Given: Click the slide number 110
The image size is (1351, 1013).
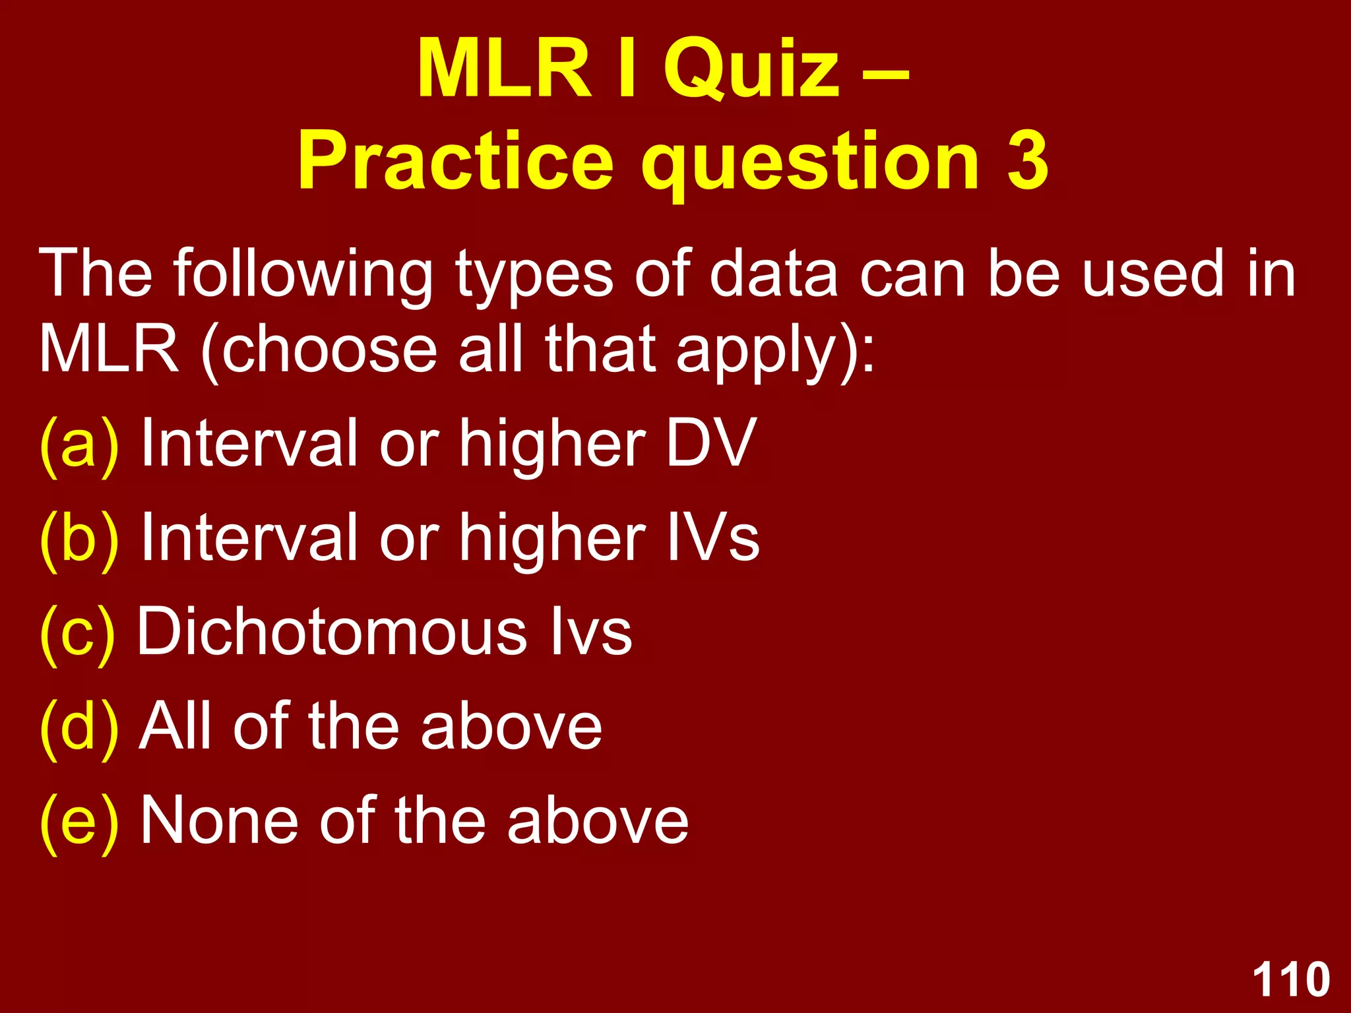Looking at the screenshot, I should [x=1291, y=980].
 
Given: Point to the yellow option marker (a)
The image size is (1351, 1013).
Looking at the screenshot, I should [x=79, y=444].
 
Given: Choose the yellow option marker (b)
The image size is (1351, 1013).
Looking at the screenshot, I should [x=79, y=538].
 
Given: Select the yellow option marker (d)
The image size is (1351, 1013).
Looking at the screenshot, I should [x=79, y=727].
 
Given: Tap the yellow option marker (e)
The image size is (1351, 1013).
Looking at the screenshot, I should [x=79, y=822].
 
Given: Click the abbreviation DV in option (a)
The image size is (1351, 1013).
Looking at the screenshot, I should [x=711, y=444].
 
